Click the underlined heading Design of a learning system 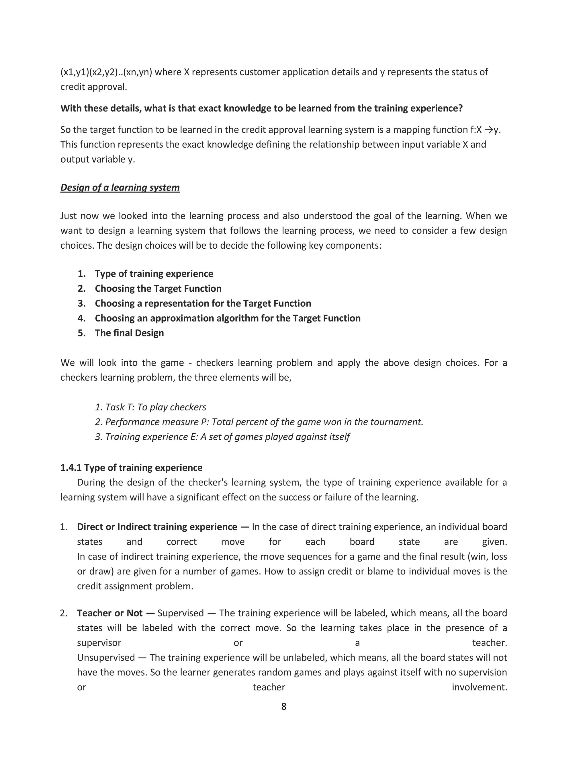tap(120, 188)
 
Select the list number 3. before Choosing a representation tap(82, 303)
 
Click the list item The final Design tap(129, 333)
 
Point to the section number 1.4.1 tap(71, 467)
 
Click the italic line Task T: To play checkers tap(150, 407)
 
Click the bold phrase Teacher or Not tap(109, 613)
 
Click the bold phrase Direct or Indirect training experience tap(157, 527)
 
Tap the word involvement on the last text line tap(479, 687)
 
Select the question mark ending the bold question tap(460, 108)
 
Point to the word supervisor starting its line tap(99, 643)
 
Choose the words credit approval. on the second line tap(93, 87)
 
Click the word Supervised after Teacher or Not tap(181, 613)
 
